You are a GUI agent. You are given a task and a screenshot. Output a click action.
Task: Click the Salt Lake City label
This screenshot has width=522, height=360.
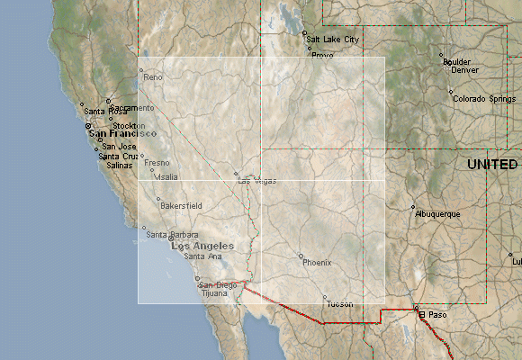click(332, 40)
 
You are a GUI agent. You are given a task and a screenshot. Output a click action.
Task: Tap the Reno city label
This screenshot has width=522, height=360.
click(154, 78)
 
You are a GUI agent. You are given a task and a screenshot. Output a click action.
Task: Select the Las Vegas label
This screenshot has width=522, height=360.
click(257, 181)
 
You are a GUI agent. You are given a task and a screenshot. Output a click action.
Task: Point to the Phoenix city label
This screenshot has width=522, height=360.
click(317, 262)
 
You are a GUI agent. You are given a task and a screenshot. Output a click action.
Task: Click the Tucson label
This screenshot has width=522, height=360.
click(340, 303)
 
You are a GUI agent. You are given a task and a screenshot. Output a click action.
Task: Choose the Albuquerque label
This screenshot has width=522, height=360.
click(438, 214)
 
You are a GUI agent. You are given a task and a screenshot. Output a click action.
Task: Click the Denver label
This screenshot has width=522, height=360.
click(464, 69)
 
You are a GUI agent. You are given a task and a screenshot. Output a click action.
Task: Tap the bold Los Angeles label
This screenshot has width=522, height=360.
click(202, 246)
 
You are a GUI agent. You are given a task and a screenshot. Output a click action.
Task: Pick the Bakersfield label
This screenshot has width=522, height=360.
click(181, 206)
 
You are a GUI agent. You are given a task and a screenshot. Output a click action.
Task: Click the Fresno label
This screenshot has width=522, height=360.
click(157, 163)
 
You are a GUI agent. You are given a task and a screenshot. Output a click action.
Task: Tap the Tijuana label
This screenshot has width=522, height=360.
click(214, 293)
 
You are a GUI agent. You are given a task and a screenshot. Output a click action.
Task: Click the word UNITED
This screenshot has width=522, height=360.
click(492, 165)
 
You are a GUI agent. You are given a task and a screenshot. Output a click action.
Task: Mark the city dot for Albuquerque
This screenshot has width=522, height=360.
click(413, 208)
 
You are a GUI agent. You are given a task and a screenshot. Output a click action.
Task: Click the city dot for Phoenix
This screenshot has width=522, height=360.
click(301, 256)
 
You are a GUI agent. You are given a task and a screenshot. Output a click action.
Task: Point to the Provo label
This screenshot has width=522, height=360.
click(322, 55)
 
